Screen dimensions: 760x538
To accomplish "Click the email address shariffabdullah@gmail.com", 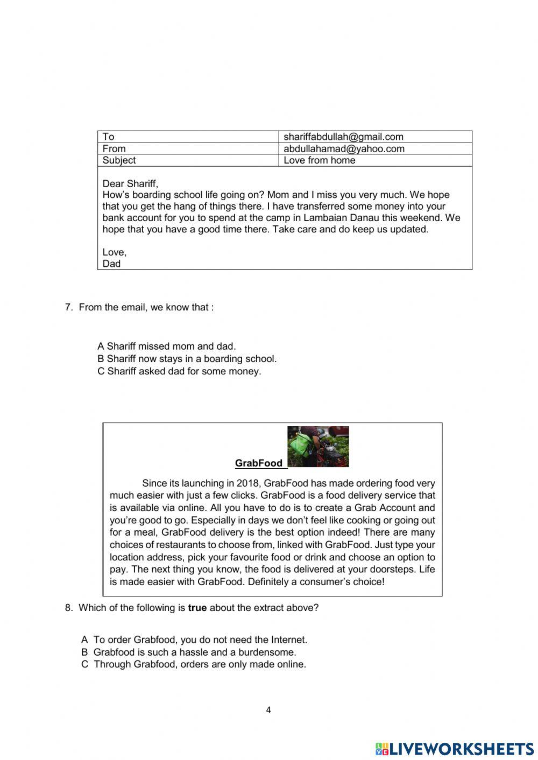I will (x=343, y=137).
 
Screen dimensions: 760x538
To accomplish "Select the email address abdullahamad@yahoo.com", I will (x=344, y=148).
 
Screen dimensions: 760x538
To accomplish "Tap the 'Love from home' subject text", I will (x=319, y=160).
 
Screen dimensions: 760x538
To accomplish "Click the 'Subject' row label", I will (x=119, y=160).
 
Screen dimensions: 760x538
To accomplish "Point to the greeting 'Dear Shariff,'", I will (x=130, y=183).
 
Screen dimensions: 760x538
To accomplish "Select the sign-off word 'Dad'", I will (x=111, y=264).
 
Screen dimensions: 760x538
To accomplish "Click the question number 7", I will (x=68, y=307).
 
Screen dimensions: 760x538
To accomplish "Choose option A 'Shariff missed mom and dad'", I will (x=167, y=346).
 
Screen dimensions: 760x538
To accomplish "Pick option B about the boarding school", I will (x=187, y=359).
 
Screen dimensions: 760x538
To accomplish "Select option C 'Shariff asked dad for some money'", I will (x=179, y=371).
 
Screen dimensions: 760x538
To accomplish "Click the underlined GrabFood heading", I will (x=259, y=463).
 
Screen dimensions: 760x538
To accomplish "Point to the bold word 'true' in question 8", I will (x=197, y=608).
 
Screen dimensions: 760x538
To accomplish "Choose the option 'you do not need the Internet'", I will (x=194, y=640).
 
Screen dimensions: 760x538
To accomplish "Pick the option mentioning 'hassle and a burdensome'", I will (x=189, y=652).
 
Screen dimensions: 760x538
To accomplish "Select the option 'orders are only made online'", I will (x=194, y=664).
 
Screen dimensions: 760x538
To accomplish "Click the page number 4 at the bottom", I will (x=268, y=710).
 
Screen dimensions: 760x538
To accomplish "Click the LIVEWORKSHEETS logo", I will (x=455, y=749).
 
